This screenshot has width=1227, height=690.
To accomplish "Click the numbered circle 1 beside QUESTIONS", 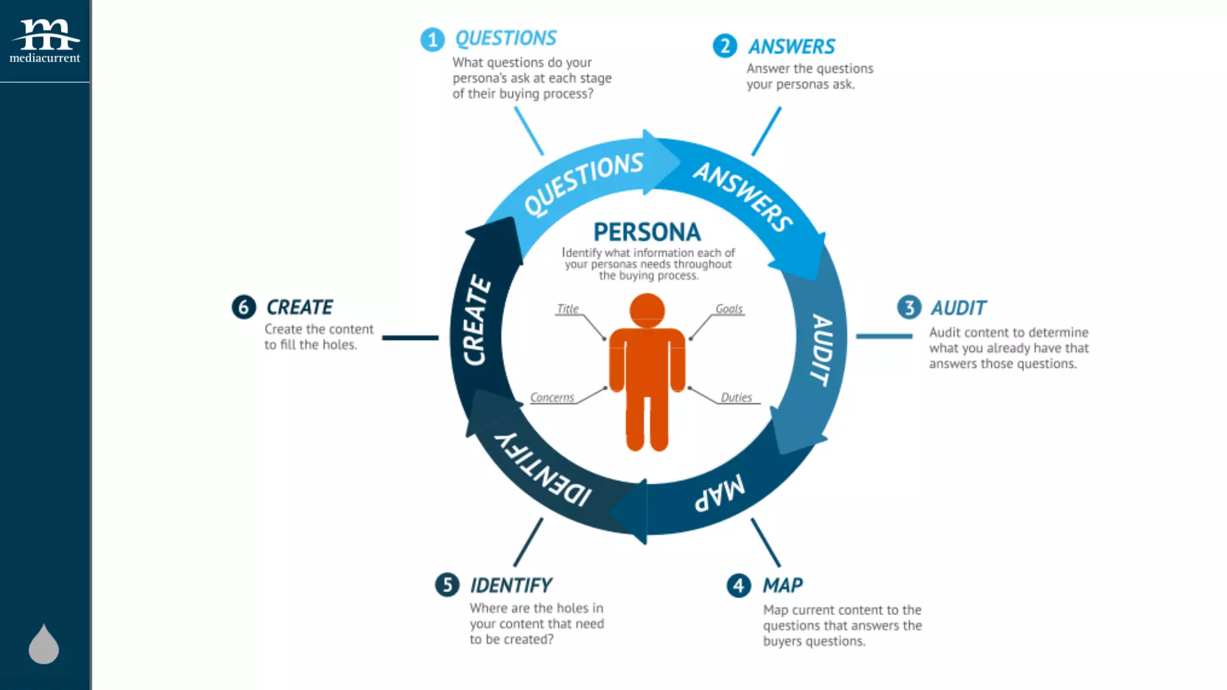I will [x=432, y=40].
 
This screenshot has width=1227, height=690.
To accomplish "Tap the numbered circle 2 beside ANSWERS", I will [x=724, y=46].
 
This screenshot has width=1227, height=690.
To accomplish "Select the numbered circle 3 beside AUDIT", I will [x=909, y=307].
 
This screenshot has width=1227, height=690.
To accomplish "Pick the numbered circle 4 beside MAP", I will [x=738, y=585].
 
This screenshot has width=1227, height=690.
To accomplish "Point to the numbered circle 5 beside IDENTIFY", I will [x=447, y=585].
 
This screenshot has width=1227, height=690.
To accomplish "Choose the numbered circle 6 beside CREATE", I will [x=244, y=307].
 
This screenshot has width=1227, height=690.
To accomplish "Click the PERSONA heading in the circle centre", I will [x=647, y=232].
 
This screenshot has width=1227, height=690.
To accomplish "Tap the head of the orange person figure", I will [x=647, y=310].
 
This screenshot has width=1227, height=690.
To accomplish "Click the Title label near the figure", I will [x=567, y=309].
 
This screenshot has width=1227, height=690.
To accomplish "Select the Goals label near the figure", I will [x=729, y=309].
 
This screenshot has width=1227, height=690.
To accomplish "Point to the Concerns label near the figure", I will [x=552, y=398].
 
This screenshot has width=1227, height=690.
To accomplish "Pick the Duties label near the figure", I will [x=736, y=398].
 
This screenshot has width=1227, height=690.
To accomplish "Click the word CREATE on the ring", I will [x=477, y=320].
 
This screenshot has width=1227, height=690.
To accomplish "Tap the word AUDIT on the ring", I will [x=822, y=350].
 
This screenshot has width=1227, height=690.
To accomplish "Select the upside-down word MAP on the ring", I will [x=720, y=494].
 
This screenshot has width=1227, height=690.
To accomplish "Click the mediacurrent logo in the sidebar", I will [x=45, y=41].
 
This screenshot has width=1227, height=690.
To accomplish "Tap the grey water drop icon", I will [x=44, y=644].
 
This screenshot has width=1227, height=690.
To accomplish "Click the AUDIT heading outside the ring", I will [x=959, y=308].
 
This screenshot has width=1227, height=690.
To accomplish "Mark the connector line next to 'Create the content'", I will [x=410, y=338].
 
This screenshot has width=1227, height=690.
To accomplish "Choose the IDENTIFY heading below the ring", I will [x=511, y=585].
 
